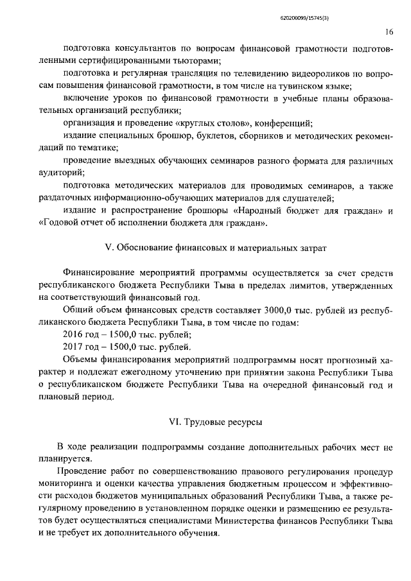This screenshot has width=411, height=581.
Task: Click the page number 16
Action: tap(390, 31)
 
